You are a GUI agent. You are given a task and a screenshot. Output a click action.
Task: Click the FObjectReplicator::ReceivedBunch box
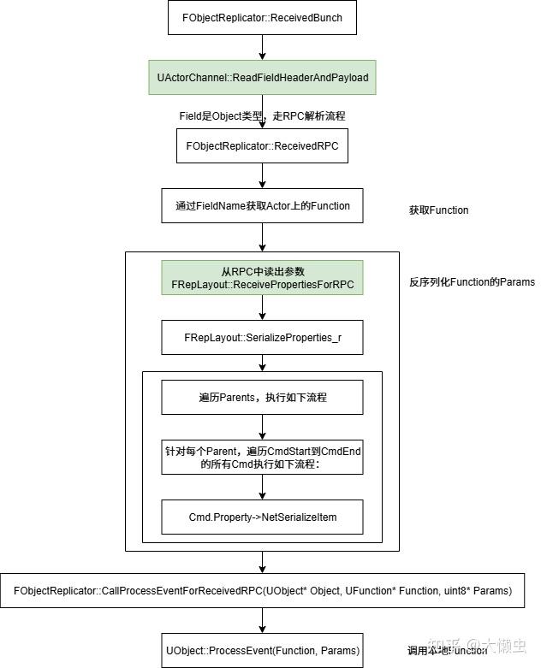tap(263, 18)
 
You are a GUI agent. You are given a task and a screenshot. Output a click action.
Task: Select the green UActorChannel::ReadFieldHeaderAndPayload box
tap(263, 78)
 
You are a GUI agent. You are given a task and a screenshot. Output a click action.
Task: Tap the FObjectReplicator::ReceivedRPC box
tap(263, 146)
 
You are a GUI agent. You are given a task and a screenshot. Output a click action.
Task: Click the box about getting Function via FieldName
tap(263, 206)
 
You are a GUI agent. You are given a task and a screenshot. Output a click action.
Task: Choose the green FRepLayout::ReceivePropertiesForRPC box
tap(263, 278)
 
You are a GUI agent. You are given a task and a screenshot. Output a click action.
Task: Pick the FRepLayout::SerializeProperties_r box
tap(263, 338)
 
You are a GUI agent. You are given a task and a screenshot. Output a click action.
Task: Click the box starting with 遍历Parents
tap(263, 398)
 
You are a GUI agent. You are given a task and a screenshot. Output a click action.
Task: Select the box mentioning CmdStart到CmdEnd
tap(263, 458)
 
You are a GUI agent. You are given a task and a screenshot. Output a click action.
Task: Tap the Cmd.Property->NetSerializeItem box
tap(263, 517)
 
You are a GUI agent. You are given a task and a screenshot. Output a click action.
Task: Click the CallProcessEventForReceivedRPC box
tap(263, 591)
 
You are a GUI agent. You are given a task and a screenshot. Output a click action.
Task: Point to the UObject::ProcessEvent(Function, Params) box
tap(263, 650)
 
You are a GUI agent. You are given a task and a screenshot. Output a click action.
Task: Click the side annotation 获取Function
tap(439, 210)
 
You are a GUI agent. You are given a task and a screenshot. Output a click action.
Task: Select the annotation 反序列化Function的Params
tap(472, 282)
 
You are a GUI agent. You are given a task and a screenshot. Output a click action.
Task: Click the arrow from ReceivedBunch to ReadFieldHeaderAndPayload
tap(263, 48)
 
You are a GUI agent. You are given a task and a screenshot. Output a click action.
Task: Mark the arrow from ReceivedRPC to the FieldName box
tap(263, 176)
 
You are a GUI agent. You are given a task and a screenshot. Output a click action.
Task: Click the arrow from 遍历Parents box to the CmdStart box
tap(263, 428)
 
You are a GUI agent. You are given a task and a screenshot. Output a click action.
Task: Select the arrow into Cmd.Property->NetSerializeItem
tap(263, 488)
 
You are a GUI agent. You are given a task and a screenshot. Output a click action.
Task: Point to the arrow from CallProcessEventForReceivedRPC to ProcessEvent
tap(263, 621)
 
